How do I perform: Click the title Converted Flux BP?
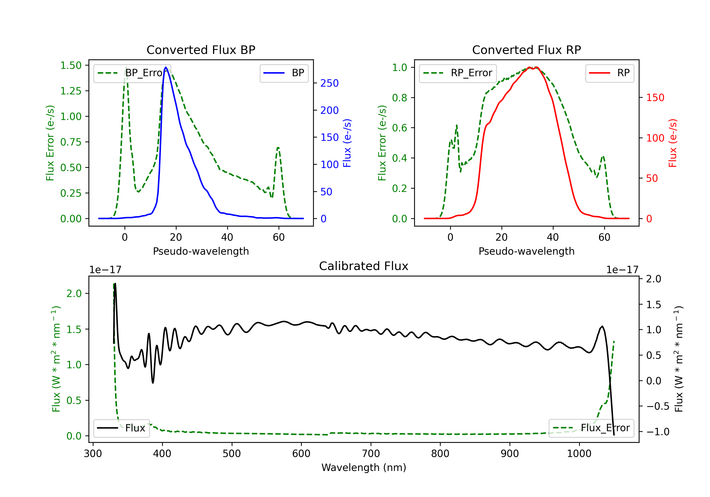pos(201,50)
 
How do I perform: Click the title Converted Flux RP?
pos(526,50)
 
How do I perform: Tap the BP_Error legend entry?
pos(132,73)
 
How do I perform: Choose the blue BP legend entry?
pos(284,73)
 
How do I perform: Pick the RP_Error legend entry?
pos(458,73)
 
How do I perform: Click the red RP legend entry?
pos(609,73)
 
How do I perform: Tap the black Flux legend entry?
pos(121,428)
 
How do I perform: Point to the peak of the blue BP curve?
pos(166,67)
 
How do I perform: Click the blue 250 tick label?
pos(329,83)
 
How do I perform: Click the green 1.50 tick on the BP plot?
pos(71,66)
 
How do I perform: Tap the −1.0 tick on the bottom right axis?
pos(657,432)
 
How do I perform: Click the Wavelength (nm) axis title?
pos(364,467)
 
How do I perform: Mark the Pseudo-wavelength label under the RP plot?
pos(526,251)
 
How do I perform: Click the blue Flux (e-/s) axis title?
pos(347,143)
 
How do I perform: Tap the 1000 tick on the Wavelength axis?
pos(579,453)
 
